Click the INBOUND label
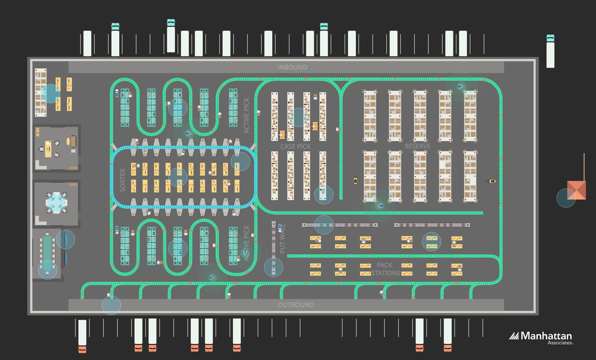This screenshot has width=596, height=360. tap(292, 67)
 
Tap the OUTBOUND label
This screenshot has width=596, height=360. tap(295, 305)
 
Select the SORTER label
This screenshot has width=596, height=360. tap(122, 180)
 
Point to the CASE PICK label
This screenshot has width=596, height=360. tap(295, 146)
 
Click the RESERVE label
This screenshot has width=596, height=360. tap(417, 146)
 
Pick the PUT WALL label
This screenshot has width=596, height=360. tap(282, 239)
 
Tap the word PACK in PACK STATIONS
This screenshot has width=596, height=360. tap(384, 265)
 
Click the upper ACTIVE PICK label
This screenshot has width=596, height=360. tap(246, 116)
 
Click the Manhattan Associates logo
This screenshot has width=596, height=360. tap(541, 337)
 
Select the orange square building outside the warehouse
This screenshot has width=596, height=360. tap(577, 190)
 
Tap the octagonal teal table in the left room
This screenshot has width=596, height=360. tap(56, 202)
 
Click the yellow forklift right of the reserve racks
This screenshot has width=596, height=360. tap(492, 181)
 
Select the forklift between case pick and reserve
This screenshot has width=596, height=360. tap(355, 180)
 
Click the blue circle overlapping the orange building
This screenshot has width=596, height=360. tap(565, 198)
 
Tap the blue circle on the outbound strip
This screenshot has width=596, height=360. tap(111, 305)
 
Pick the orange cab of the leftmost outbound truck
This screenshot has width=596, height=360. tap(82, 349)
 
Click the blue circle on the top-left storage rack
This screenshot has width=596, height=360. tap(50, 94)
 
